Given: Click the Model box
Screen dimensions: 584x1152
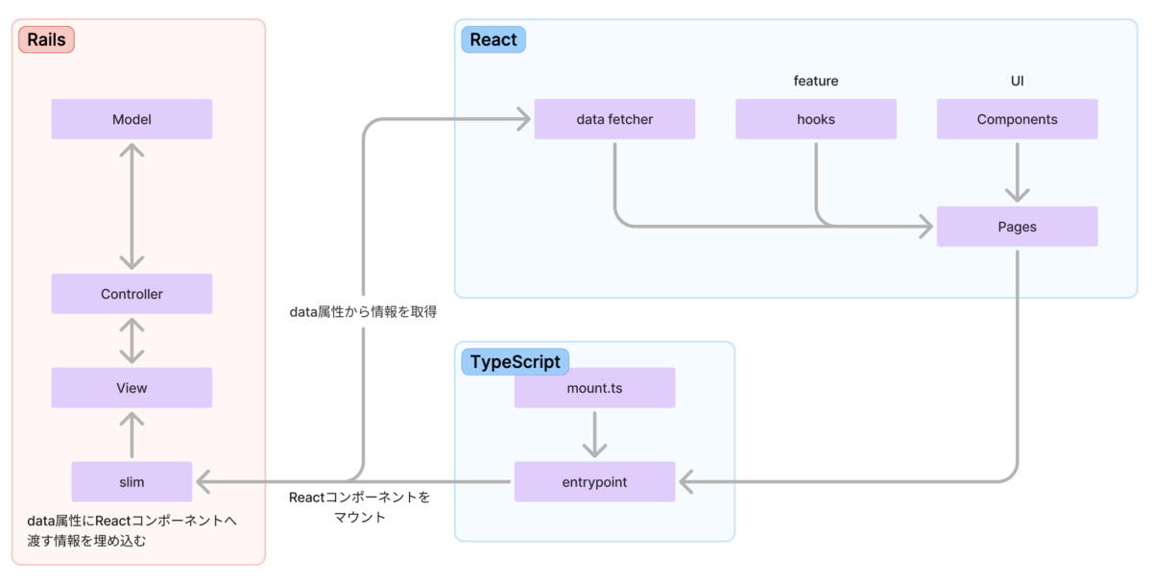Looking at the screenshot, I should [x=132, y=120].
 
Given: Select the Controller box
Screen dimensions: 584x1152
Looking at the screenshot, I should [x=132, y=294].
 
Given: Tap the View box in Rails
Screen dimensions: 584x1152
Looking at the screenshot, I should [x=132, y=388].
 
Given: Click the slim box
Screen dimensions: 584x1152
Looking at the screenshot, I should [x=132, y=481].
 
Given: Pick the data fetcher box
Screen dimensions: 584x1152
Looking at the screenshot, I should [x=614, y=120].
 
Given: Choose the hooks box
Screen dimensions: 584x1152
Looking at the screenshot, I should [x=816, y=120].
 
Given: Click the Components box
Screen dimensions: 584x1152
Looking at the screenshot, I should [x=1017, y=120].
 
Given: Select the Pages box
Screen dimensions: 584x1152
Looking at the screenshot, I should [x=1017, y=228].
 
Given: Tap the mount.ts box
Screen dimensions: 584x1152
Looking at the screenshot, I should [x=594, y=389].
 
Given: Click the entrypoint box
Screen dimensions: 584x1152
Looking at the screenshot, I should [x=594, y=481].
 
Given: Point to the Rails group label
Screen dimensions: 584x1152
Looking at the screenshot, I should [x=46, y=40].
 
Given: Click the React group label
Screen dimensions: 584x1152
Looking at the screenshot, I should [x=493, y=40].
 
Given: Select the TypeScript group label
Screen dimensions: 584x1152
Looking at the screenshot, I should [x=516, y=362].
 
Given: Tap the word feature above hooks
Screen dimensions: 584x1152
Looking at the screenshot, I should [x=816, y=82].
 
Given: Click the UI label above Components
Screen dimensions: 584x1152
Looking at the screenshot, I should [x=1017, y=82].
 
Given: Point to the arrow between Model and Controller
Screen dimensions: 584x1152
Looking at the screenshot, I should [x=132, y=207].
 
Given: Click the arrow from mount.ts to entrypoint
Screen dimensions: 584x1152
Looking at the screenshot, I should [x=594, y=434].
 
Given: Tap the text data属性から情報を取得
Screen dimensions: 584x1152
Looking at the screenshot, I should [x=363, y=312].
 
